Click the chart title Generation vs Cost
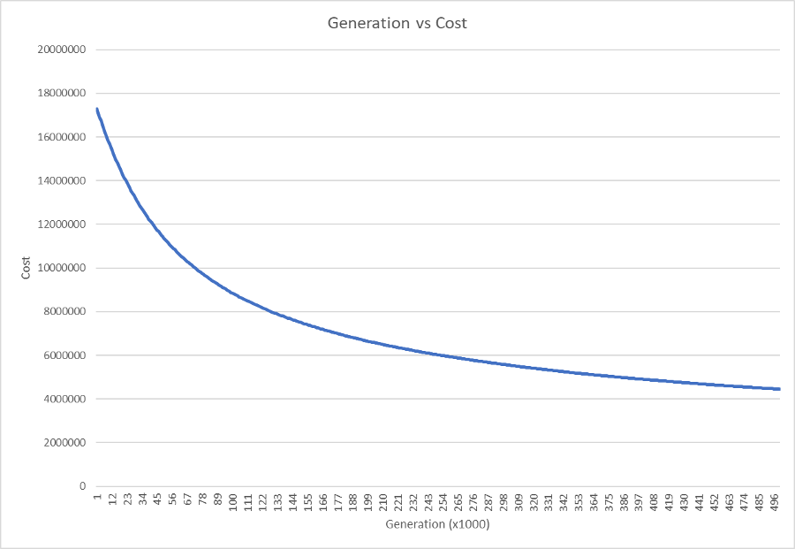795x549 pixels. coord(397,23)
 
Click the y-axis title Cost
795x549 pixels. coord(26,268)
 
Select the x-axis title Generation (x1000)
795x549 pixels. coord(437,524)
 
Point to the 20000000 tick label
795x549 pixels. coord(60,50)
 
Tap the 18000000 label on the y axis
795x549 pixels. coord(60,94)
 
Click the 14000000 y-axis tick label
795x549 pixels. coord(60,181)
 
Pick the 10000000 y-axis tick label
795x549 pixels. coord(60,268)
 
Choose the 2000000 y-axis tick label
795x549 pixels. coord(63,443)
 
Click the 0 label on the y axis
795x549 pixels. coord(82,486)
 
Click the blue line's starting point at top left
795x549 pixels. coord(96,109)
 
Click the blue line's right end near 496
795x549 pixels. coord(779,389)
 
